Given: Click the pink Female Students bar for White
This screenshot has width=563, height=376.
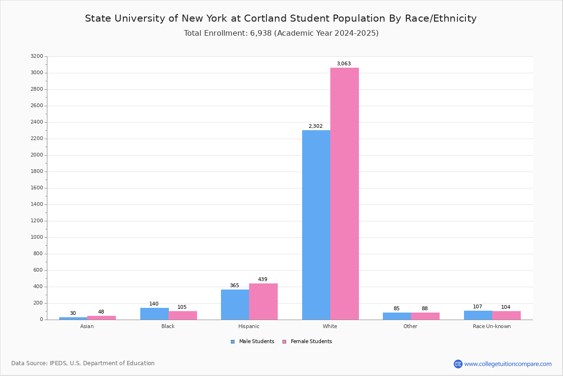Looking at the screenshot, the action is pyautogui.click(x=344, y=194).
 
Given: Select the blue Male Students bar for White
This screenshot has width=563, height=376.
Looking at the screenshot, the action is pyautogui.click(x=316, y=225).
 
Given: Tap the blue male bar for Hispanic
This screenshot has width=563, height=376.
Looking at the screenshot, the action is pyautogui.click(x=235, y=305).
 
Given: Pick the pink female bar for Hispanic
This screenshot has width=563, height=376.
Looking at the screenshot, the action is pyautogui.click(x=263, y=302).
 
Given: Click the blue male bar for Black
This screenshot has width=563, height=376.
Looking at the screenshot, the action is pyautogui.click(x=154, y=314).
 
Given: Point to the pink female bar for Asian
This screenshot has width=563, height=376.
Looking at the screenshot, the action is pyautogui.click(x=101, y=318).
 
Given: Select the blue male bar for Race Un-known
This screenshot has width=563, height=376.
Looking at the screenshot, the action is pyautogui.click(x=478, y=315).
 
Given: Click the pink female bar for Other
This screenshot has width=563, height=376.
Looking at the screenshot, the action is pyautogui.click(x=425, y=316).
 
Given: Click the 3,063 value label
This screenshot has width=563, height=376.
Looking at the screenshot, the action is pyautogui.click(x=344, y=63).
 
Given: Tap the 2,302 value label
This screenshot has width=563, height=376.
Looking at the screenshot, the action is pyautogui.click(x=316, y=126).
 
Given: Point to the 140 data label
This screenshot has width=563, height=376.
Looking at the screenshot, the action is pyautogui.click(x=154, y=304).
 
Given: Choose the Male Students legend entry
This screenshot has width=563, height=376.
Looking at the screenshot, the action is pyautogui.click(x=252, y=342).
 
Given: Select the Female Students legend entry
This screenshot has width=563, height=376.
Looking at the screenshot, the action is pyautogui.click(x=307, y=342).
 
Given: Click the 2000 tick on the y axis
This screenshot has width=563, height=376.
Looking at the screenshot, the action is pyautogui.click(x=37, y=155).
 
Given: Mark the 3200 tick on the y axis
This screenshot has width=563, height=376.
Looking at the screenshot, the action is pyautogui.click(x=37, y=56).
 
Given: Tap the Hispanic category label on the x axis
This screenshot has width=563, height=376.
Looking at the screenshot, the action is pyautogui.click(x=249, y=326).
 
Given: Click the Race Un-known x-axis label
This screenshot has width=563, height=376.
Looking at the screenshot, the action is pyautogui.click(x=492, y=326).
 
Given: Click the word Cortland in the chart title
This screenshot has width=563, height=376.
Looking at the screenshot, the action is pyautogui.click(x=265, y=18).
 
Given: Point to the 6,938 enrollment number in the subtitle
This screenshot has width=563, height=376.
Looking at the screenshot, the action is pyautogui.click(x=261, y=33).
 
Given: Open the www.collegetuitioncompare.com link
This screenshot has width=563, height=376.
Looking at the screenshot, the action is pyautogui.click(x=508, y=364).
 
